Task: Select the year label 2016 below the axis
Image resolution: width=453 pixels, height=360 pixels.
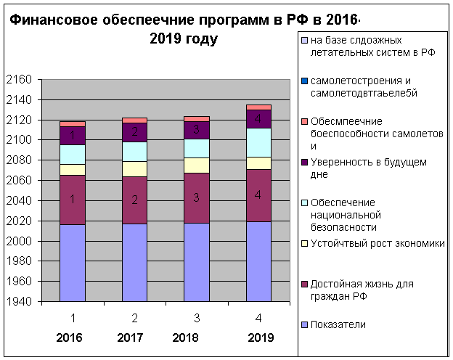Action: pos(69,337)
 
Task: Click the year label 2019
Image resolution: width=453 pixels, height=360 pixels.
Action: pos(260,337)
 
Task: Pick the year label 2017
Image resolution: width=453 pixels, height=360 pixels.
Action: pos(131,337)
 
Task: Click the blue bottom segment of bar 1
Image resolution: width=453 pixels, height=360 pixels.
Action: pos(73,263)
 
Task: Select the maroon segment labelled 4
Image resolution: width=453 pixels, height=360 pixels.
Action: pos(259,195)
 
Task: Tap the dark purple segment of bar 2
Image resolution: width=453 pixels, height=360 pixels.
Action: pos(134,132)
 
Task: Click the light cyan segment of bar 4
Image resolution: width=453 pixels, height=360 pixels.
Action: pos(259,142)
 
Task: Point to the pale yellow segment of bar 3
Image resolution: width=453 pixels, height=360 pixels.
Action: pos(197,165)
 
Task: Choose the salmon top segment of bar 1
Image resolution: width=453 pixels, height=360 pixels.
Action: pos(73,124)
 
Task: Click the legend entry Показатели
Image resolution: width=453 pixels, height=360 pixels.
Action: pos(338,324)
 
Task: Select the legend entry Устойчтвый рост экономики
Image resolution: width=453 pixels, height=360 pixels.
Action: pos(377,243)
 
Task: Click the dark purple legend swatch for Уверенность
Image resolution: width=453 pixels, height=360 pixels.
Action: pos(304,162)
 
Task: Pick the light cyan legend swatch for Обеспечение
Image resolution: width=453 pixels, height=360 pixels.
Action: pos(304,202)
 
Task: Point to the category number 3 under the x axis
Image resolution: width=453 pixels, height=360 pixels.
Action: pos(197,317)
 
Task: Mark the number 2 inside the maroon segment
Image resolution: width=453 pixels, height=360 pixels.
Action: pos(134,200)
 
